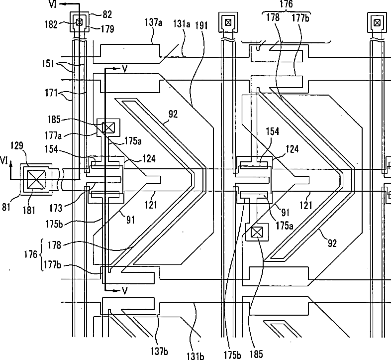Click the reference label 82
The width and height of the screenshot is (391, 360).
click(107, 14)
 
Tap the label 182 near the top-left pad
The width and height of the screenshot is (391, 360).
click(51, 24)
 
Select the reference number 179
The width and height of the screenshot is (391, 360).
click(107, 29)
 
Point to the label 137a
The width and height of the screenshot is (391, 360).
click(154, 22)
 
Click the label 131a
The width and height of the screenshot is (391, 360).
click(182, 24)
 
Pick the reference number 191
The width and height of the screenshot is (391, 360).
click(201, 25)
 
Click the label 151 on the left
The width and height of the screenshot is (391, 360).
click(48, 63)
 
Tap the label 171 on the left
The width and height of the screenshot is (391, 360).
click(51, 94)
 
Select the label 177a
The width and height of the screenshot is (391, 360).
click(53, 135)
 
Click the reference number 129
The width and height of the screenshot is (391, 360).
click(17, 145)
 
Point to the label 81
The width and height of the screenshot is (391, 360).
click(6, 207)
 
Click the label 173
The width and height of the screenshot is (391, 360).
click(56, 208)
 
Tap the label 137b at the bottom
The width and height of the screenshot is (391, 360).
click(159, 351)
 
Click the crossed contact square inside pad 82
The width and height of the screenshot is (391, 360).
click(79, 22)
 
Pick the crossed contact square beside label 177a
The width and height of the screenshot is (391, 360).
click(108, 127)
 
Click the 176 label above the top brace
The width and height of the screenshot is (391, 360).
click(286, 4)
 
